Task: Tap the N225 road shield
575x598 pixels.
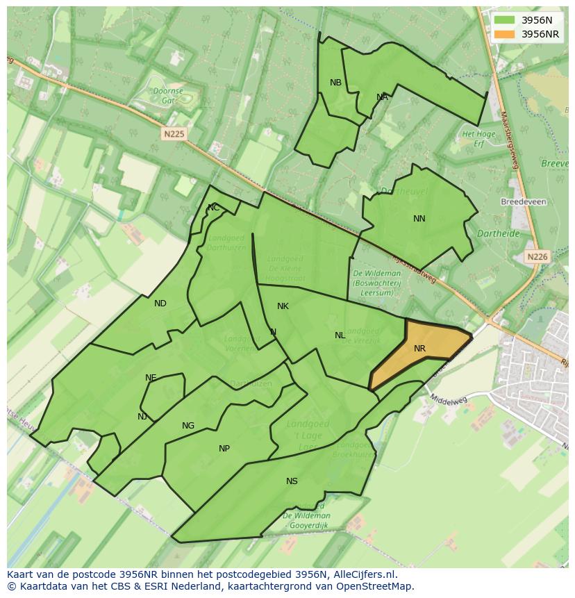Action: click(x=174, y=133)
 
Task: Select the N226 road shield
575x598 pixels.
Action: click(x=537, y=256)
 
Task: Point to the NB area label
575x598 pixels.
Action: click(x=335, y=83)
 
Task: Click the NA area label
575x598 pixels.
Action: click(x=382, y=97)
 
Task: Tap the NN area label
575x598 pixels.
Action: click(x=419, y=219)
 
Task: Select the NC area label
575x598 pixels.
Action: click(x=213, y=208)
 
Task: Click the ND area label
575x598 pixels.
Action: click(x=160, y=304)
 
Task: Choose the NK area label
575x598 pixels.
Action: click(x=283, y=306)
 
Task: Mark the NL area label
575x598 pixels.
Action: click(x=340, y=335)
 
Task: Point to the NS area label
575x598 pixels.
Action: click(x=292, y=481)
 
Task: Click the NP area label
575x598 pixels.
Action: click(x=224, y=449)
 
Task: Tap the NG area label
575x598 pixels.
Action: click(x=188, y=426)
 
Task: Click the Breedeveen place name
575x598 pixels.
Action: click(x=523, y=201)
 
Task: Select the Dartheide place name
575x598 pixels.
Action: click(x=499, y=234)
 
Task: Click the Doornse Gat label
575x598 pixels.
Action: click(x=168, y=95)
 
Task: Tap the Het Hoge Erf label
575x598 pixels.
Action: click(x=478, y=138)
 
